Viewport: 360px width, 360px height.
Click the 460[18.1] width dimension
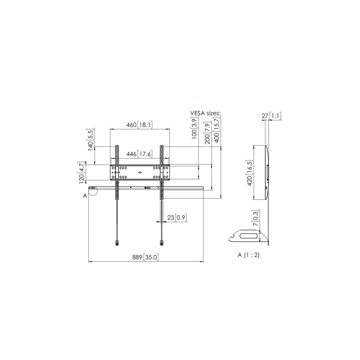tap(139, 125)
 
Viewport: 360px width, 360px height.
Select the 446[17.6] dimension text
tap(139, 154)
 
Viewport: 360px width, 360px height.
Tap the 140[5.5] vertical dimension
tap(90, 140)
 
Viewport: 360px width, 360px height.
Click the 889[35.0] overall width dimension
tap(145, 257)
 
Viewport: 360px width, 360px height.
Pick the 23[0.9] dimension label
tap(177, 217)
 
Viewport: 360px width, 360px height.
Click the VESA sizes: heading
tap(205, 113)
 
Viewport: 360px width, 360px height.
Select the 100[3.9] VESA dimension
tap(194, 128)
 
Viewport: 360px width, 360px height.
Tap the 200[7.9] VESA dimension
tap(207, 133)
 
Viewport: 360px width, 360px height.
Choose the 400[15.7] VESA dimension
tap(216, 130)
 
